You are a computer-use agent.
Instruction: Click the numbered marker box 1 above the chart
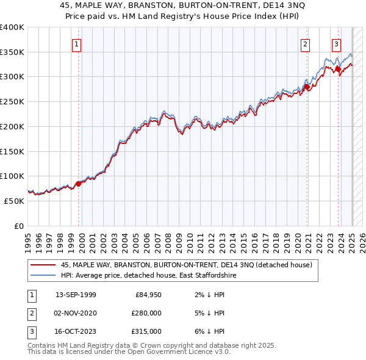click(77, 43)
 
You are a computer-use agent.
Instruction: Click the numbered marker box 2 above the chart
click(305, 43)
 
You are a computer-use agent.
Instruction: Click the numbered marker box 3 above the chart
click(336, 43)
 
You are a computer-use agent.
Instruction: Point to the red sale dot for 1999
click(78, 183)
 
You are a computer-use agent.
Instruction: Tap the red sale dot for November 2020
click(307, 87)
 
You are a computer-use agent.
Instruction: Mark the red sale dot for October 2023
click(339, 70)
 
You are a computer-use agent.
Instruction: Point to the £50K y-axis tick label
click(14, 200)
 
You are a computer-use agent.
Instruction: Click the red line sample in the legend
click(43, 265)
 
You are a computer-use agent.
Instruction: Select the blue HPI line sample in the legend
click(43, 276)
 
